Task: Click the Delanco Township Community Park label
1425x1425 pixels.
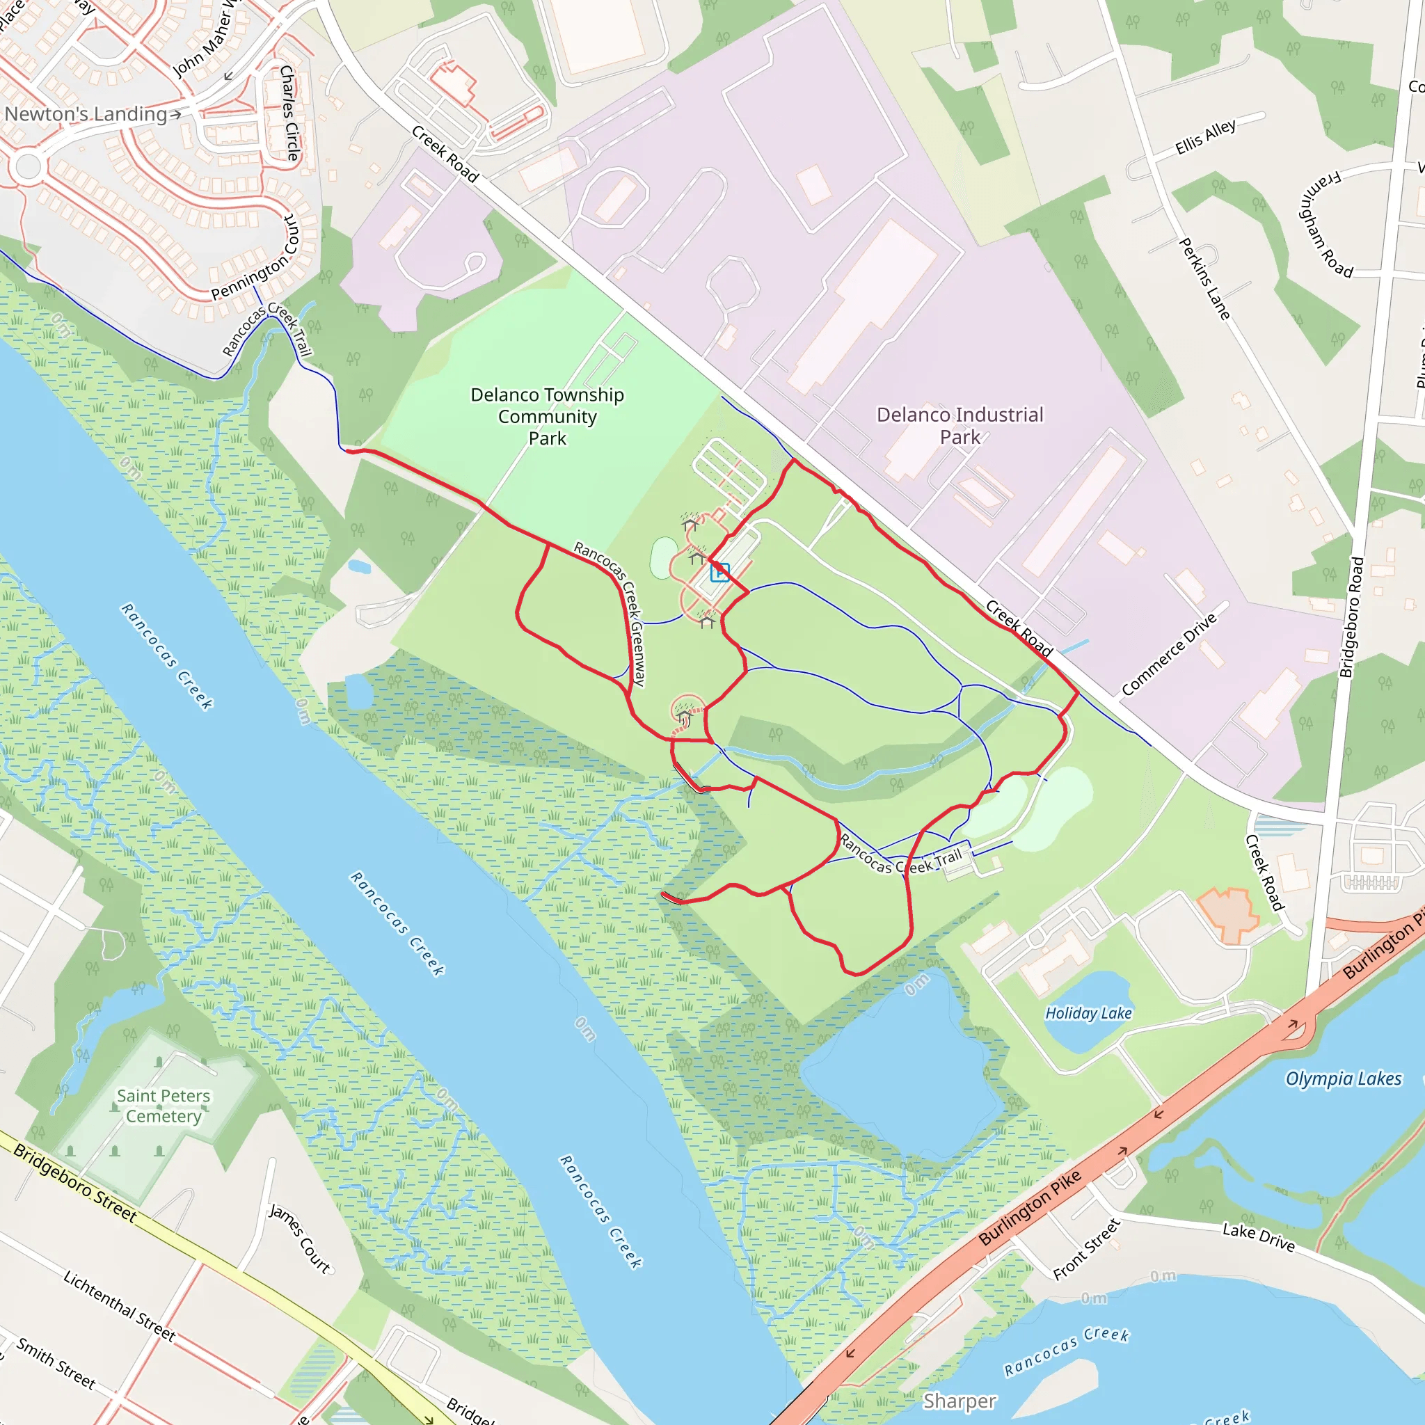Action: click(548, 417)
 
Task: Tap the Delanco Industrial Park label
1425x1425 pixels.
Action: click(960, 426)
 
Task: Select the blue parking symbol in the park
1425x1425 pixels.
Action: click(719, 573)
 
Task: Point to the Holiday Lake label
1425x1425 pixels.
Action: click(1088, 1013)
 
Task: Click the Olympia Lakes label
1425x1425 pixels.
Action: click(1343, 1079)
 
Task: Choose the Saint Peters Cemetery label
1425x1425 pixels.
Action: click(163, 1106)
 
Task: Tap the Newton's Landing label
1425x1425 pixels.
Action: click(86, 114)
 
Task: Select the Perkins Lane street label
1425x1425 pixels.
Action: click(1204, 279)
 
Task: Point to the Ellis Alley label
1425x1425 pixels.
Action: click(1205, 137)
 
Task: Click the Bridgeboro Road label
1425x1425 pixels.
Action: click(1351, 616)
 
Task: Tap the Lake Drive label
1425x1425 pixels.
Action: click(1258, 1238)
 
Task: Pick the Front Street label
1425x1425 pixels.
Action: click(1086, 1250)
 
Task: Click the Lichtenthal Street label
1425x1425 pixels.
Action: click(120, 1305)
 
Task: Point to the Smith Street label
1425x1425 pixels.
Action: click(56, 1363)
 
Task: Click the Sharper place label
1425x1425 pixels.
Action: click(959, 1401)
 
